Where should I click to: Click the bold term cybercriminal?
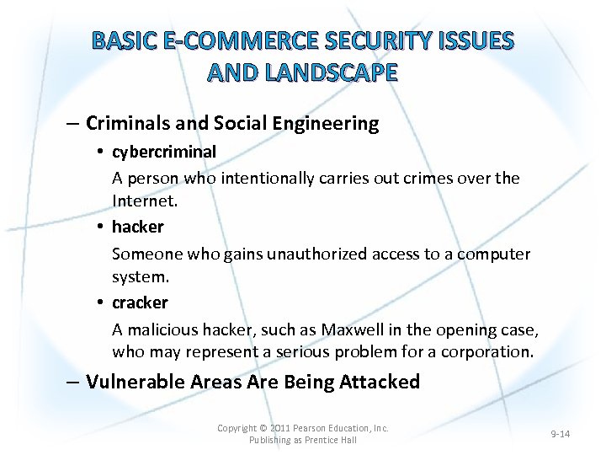(x=164, y=152)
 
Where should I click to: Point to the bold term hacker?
(x=138, y=227)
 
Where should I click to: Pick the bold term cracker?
(x=140, y=302)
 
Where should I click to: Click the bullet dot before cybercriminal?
(x=99, y=152)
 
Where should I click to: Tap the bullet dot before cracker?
(x=99, y=302)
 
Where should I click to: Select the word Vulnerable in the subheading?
(x=134, y=382)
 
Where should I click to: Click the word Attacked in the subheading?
(x=380, y=382)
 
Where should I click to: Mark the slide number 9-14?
(x=560, y=434)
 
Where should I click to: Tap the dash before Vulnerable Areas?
(x=75, y=382)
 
